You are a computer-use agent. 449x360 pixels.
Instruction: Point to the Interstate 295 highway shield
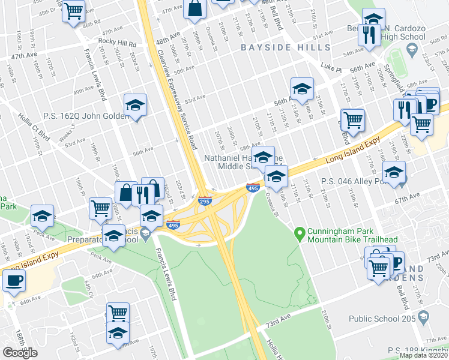click(204, 202)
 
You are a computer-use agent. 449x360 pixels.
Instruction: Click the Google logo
click(20, 353)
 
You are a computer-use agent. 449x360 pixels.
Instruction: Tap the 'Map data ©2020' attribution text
click(424, 355)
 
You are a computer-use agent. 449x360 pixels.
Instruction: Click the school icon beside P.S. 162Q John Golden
click(136, 104)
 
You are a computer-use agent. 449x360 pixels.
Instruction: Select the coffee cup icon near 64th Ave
click(13, 280)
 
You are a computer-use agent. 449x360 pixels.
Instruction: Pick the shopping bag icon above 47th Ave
click(196, 8)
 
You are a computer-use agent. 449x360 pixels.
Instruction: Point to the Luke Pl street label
click(331, 68)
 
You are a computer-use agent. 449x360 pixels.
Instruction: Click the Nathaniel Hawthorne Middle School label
click(237, 161)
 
